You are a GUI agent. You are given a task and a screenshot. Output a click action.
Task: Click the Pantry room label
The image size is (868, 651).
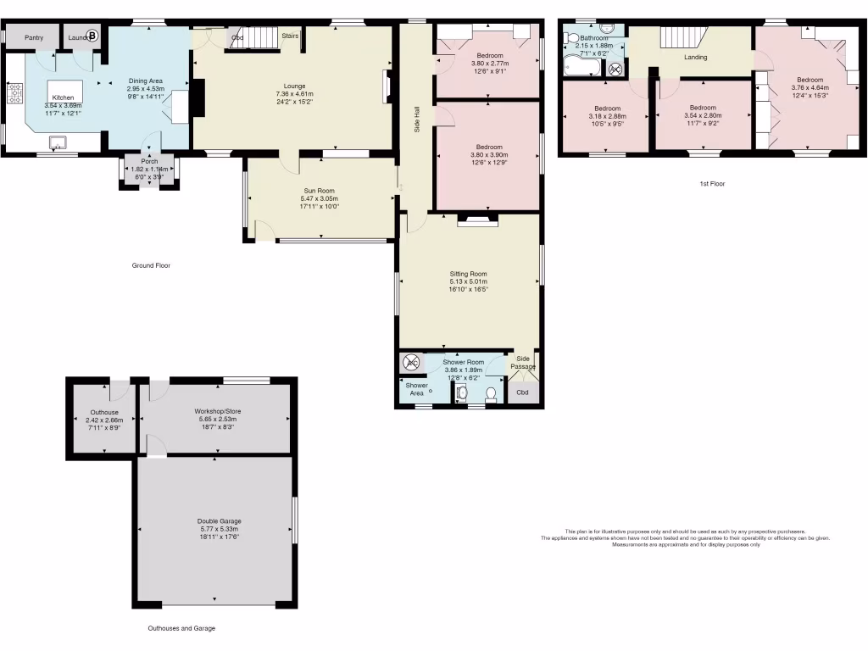[x=34, y=37]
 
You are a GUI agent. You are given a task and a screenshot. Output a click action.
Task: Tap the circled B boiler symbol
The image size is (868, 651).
[x=92, y=36]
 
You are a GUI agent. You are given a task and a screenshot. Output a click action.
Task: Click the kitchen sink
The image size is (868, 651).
[x=58, y=142]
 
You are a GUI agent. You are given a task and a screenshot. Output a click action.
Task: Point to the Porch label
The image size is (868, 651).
[x=150, y=161]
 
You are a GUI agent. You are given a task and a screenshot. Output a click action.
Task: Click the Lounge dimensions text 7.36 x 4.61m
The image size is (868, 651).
[x=294, y=94]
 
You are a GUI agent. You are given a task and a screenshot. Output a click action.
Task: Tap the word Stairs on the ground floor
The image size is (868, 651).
[x=291, y=36]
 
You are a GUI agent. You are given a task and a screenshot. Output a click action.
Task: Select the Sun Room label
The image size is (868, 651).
[x=320, y=191]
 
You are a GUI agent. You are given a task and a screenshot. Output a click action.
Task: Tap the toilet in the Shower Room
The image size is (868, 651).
[x=491, y=393]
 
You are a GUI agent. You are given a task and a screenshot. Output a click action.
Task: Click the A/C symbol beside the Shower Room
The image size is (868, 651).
[x=412, y=363]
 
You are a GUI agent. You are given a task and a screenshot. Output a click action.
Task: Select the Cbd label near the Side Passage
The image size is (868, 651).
[x=522, y=392]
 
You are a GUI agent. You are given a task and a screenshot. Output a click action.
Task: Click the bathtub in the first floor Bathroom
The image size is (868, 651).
[x=583, y=66]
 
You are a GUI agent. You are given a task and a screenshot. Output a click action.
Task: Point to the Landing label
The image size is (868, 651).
[x=696, y=58]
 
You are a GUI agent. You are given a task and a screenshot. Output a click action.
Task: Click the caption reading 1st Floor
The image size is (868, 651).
[x=713, y=183]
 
